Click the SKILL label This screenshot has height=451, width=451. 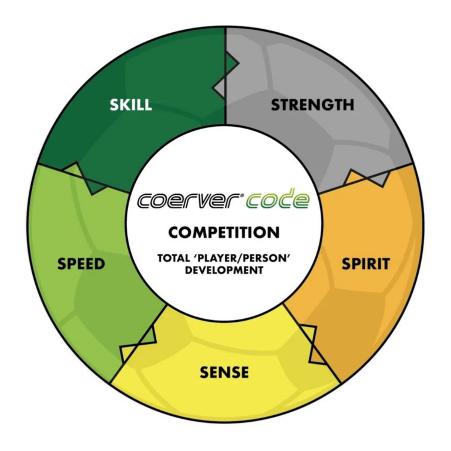pos(131,104)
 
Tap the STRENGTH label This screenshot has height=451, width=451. pos(312,104)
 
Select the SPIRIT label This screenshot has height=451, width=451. pos(365,264)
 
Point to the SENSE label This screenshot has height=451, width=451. pos(224,372)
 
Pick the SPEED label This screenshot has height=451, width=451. pos(81,264)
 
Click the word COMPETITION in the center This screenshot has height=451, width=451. pos(224,232)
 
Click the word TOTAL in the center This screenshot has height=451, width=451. pos(171,259)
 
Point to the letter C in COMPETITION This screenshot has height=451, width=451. pos(174,232)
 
